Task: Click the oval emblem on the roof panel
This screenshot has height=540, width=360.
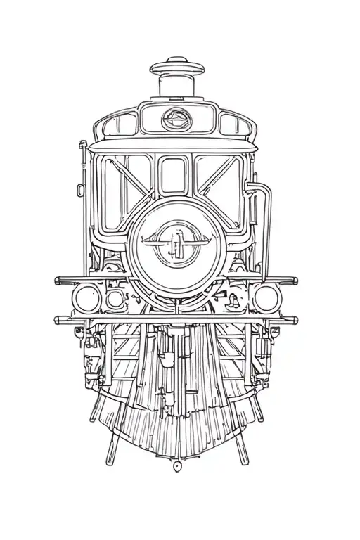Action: pos(175,119)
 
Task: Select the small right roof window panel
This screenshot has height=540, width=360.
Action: pos(233,125)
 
